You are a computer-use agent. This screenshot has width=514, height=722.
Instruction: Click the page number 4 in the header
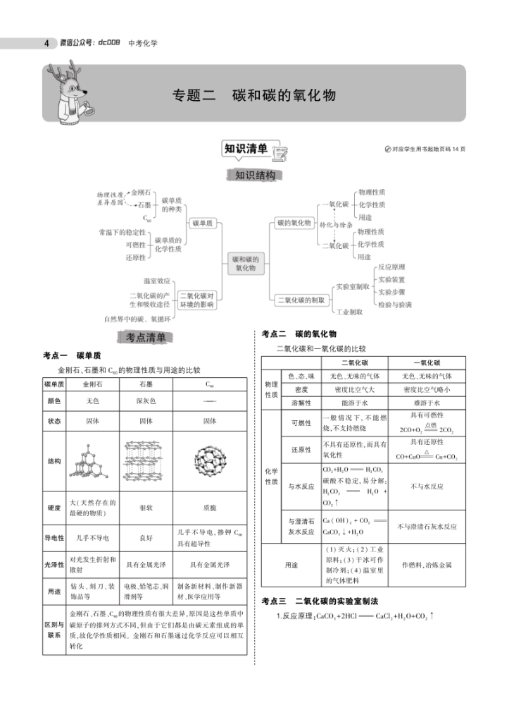pyautogui.click(x=46, y=43)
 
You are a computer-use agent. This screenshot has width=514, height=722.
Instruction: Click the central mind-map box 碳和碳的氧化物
pyautogui.click(x=246, y=264)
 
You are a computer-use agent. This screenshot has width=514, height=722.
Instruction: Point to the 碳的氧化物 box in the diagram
pyautogui.click(x=293, y=223)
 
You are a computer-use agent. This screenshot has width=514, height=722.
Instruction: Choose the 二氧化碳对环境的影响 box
pyautogui.click(x=197, y=300)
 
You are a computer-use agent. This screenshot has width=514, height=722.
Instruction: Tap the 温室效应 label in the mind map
pyautogui.click(x=156, y=280)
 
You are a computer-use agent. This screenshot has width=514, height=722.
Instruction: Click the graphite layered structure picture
pyautogui.click(x=146, y=461)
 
